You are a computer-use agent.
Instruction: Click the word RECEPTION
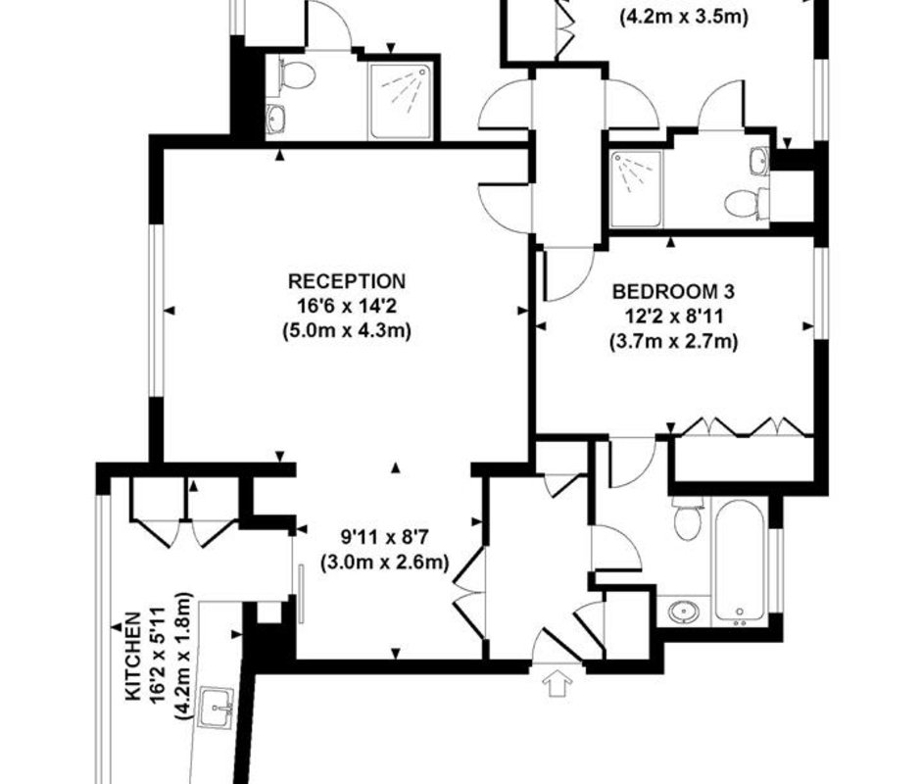[347, 281]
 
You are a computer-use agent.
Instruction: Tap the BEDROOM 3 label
[673, 291]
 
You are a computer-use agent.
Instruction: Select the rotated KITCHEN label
[134, 657]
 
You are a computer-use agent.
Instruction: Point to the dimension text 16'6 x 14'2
[347, 306]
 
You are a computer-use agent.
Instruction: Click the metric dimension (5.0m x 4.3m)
[347, 331]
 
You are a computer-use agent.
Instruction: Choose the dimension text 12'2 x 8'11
[673, 317]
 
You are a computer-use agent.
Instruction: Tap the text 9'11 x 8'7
[385, 537]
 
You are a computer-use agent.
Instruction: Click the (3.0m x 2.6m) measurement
[385, 563]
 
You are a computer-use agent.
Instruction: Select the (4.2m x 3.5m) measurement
[684, 17]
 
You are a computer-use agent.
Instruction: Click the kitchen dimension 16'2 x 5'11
[159, 657]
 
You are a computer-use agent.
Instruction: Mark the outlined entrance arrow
[557, 685]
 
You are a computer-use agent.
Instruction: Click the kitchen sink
[216, 709]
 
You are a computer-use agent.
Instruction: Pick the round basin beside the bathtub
[684, 612]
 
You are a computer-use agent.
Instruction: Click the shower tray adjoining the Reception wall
[401, 101]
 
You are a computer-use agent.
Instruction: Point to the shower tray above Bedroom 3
[636, 189]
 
